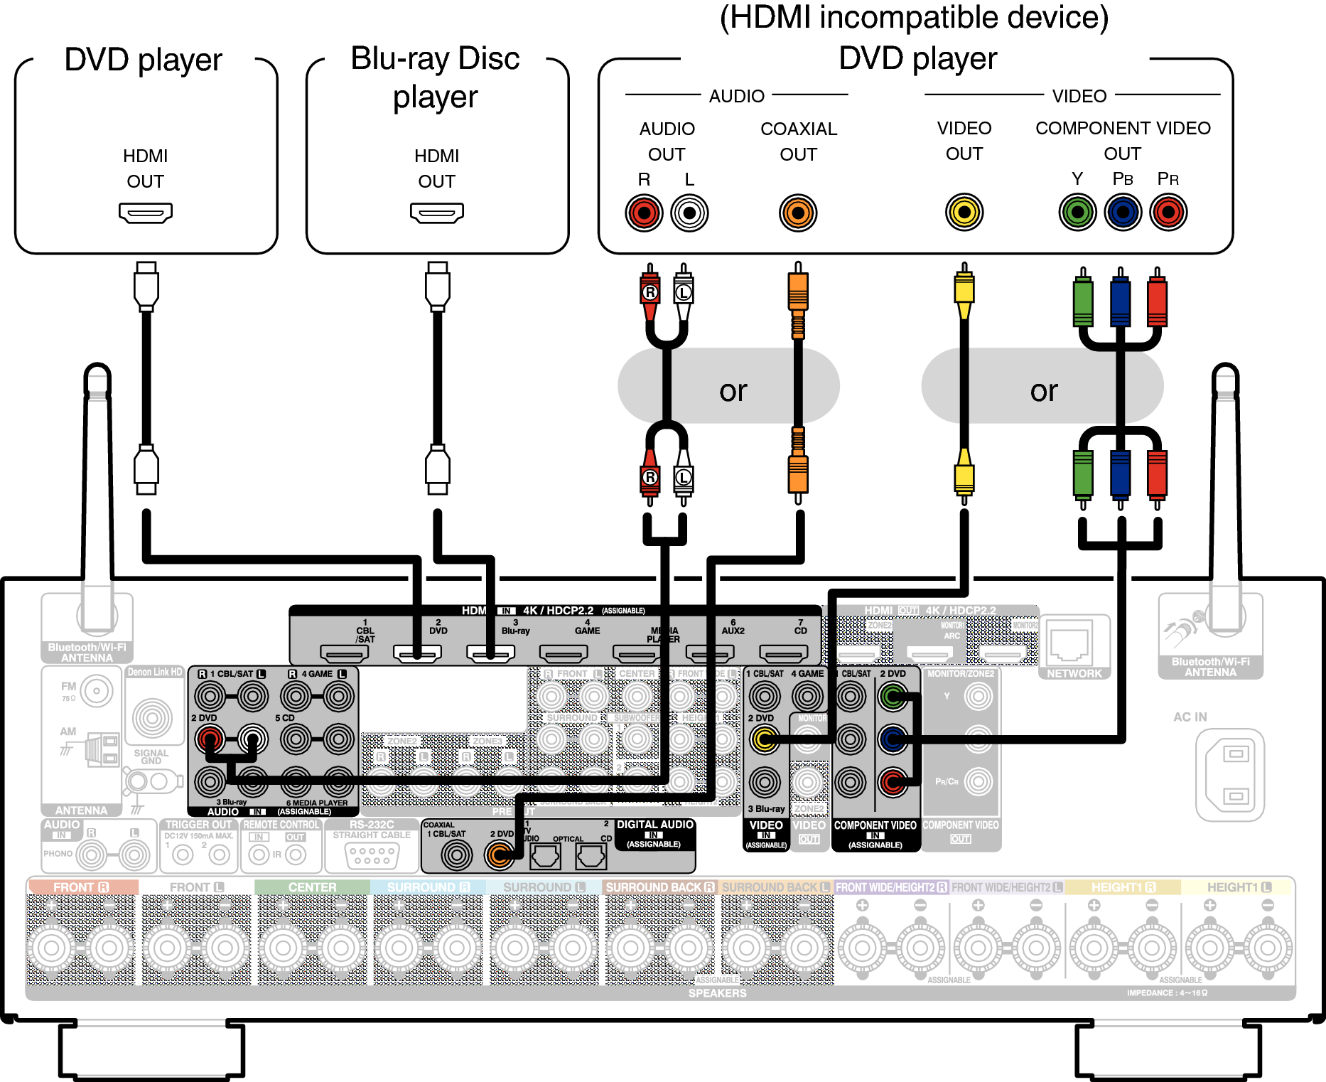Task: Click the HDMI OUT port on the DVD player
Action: (146, 213)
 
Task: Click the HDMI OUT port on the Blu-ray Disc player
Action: (437, 213)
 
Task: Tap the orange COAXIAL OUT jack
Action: (798, 213)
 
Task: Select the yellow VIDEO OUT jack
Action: (964, 212)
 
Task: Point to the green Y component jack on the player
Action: (1078, 212)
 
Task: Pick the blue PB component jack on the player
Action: (1123, 212)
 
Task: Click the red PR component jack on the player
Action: (1169, 212)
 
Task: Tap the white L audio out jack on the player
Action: (689, 213)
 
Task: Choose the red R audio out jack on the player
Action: (644, 213)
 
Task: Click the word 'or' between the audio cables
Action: (733, 390)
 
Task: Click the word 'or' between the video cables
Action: (1044, 390)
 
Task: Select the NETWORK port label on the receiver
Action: (1074, 673)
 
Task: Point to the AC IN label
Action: (1190, 717)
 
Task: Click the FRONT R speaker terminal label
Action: (81, 887)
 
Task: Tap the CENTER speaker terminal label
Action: (312, 887)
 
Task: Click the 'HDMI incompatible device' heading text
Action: (914, 18)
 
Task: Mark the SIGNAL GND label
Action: (151, 756)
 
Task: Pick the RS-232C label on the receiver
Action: (372, 825)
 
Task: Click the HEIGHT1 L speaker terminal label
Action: (1239, 887)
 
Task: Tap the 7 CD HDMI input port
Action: (783, 653)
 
